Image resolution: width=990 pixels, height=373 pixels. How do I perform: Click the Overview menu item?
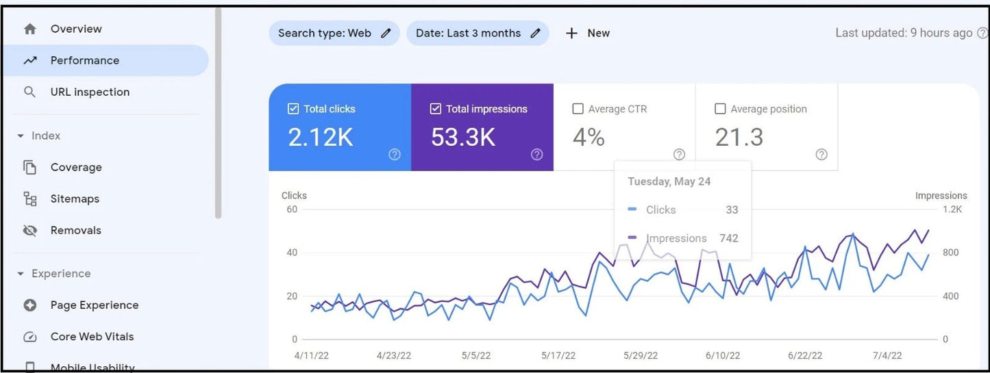point(75,29)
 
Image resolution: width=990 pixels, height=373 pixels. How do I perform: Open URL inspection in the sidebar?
point(89,92)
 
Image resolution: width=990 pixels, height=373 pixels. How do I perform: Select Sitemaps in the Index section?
point(74,198)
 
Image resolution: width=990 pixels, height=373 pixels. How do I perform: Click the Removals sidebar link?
point(75,230)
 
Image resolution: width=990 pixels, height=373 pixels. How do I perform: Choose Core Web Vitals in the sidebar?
point(92,336)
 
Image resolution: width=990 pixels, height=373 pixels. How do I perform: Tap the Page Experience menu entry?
point(94,305)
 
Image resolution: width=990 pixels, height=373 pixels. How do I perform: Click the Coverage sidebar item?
point(75,167)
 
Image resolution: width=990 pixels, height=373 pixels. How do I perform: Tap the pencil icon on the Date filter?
point(535,33)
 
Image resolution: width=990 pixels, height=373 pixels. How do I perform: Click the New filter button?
point(587,33)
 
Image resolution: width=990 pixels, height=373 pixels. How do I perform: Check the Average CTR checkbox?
point(578,109)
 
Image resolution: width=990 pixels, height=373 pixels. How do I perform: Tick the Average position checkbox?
point(720,109)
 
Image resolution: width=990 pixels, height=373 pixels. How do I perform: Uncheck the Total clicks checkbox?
point(293,109)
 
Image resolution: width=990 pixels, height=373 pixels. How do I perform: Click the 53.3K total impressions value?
point(462,138)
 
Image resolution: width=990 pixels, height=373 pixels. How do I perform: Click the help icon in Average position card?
point(821,155)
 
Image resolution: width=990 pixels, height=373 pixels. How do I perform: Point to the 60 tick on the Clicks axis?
point(292,209)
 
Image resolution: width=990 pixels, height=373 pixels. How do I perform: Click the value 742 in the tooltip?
point(728,238)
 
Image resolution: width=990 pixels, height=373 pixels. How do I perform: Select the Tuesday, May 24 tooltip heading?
point(669,181)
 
